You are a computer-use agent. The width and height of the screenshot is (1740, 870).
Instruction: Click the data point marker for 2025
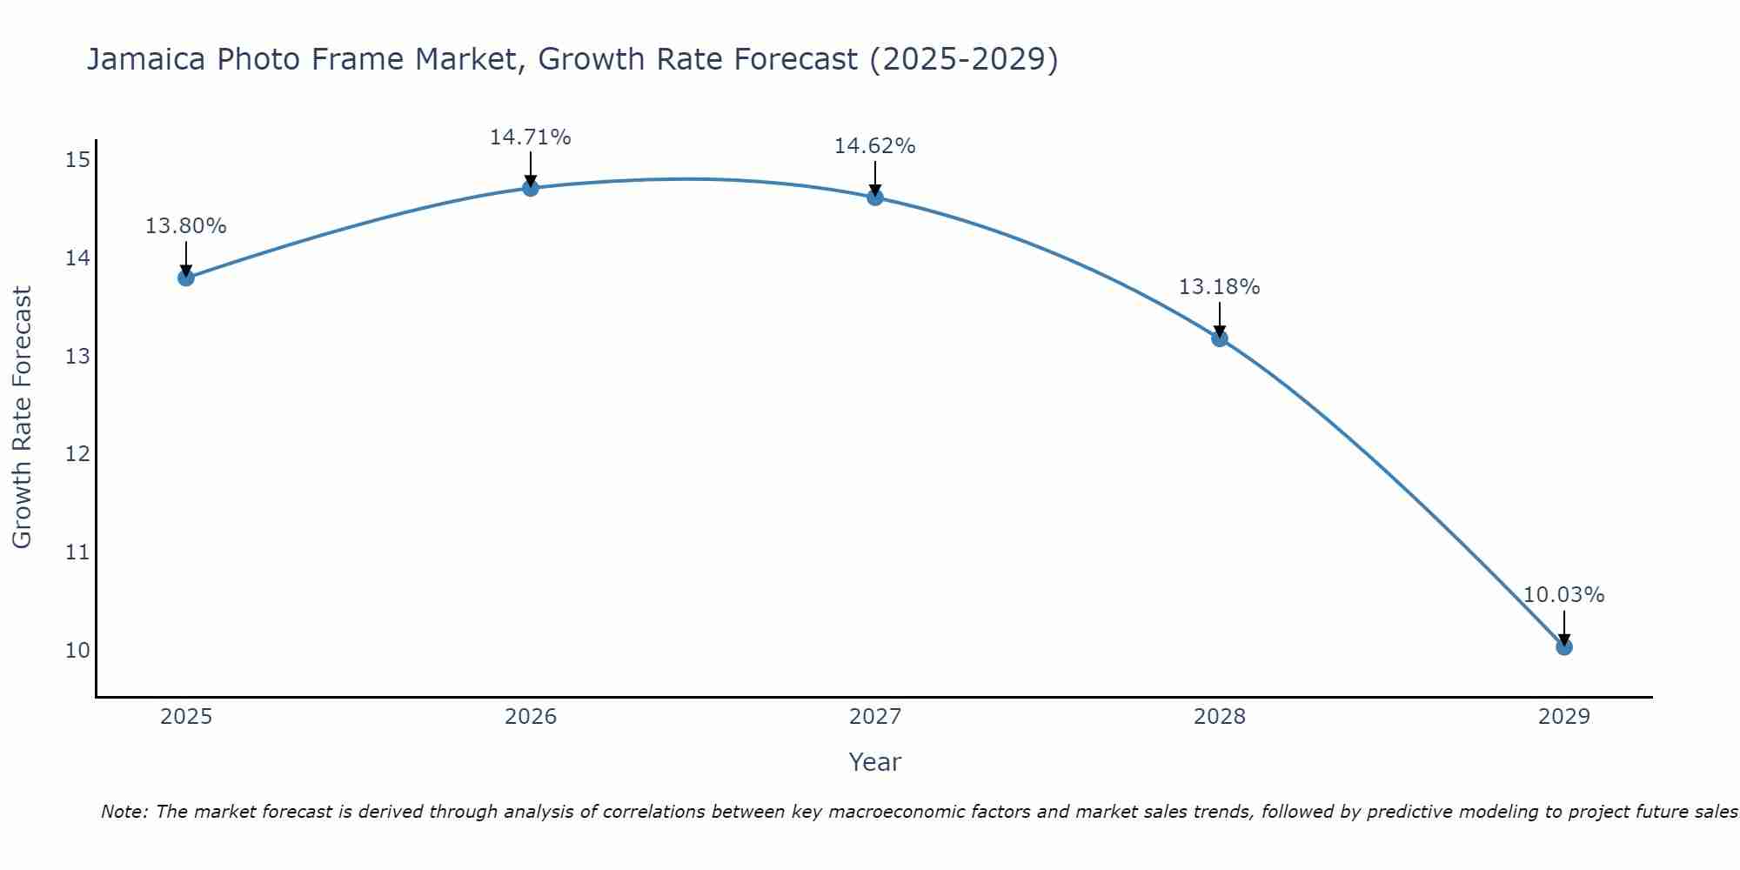point(185,278)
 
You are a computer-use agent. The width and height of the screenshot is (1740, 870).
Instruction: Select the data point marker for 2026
point(531,188)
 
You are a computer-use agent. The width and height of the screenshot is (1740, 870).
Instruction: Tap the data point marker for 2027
point(875,197)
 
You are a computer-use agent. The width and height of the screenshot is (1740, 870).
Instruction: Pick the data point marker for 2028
point(1220,338)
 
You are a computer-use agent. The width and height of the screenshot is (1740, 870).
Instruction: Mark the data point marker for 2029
point(1564,646)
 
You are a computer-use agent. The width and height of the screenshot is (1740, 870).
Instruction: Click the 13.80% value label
point(185,226)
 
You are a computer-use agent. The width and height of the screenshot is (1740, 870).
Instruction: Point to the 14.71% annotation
point(530,137)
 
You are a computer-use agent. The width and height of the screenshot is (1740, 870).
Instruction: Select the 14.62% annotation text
point(874,146)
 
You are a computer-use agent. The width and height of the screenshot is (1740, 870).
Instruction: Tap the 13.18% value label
point(1219,287)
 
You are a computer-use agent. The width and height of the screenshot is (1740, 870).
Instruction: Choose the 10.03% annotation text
point(1563,595)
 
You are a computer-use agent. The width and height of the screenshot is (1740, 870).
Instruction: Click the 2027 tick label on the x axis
point(875,717)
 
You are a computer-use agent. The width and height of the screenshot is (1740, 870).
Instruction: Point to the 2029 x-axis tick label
point(1564,717)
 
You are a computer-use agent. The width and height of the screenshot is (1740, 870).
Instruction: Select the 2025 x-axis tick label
point(186,717)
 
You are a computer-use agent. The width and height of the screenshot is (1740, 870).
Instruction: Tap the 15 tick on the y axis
point(77,160)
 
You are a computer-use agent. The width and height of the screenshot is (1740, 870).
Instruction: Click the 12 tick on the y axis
point(77,454)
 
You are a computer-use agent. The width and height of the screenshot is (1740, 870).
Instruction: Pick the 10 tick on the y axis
point(77,651)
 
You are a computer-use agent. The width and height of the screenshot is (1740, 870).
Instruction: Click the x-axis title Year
point(875,762)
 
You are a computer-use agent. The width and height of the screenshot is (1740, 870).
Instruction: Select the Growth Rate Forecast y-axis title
point(22,418)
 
